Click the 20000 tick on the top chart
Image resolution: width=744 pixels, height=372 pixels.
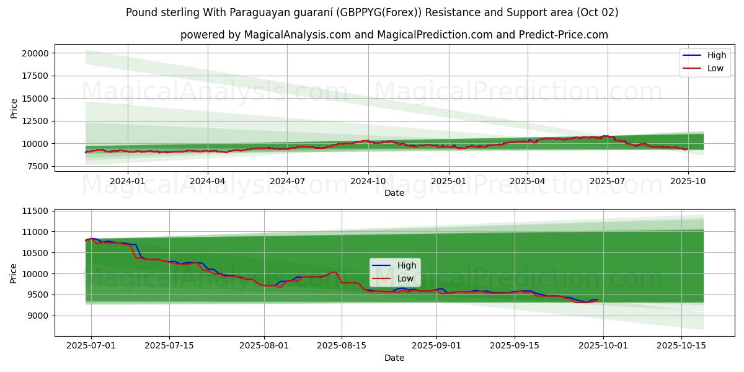(x=35, y=53)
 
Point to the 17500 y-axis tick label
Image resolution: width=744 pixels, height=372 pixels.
(x=35, y=76)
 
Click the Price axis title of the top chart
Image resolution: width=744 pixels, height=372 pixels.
(x=14, y=108)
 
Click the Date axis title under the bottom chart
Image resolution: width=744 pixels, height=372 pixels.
(x=394, y=358)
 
